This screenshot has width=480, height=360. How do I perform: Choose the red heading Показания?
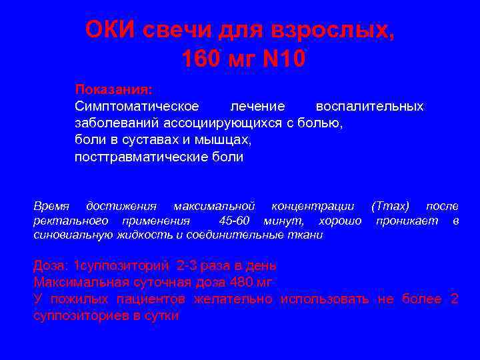(x=113, y=89)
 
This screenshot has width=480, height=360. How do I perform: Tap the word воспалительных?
(x=369, y=107)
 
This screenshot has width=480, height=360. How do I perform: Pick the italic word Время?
(x=51, y=206)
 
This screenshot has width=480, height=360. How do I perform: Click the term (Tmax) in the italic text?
(x=390, y=206)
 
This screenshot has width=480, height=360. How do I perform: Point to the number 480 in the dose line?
(x=239, y=282)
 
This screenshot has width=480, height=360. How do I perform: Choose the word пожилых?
(x=81, y=299)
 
